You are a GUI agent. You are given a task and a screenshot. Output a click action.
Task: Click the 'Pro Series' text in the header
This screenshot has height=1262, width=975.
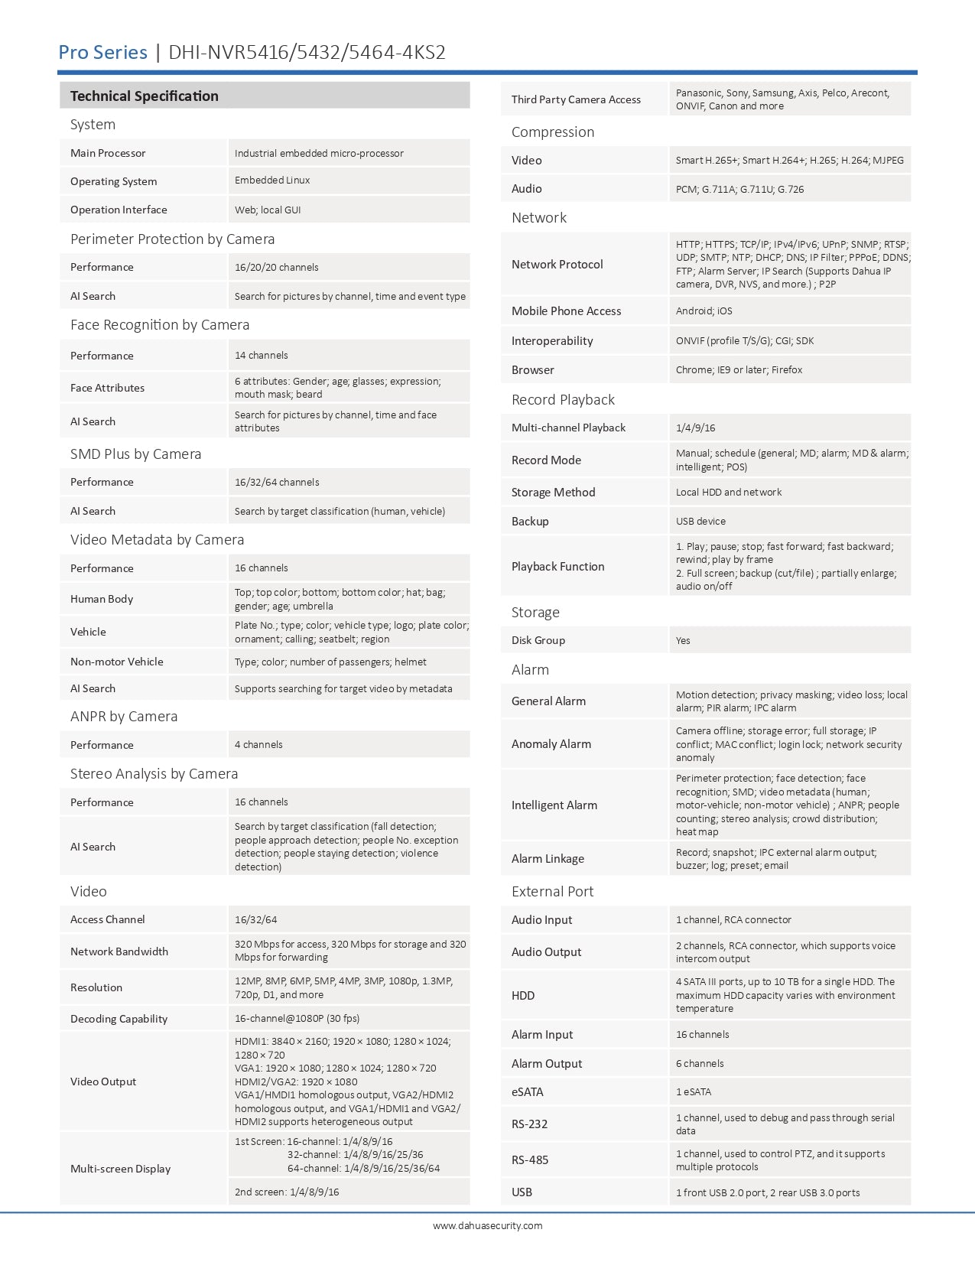(x=102, y=52)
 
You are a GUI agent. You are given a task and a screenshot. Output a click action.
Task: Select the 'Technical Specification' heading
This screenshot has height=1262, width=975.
(x=144, y=96)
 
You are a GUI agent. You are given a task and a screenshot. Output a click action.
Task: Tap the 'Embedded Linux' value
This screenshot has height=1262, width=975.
(x=272, y=181)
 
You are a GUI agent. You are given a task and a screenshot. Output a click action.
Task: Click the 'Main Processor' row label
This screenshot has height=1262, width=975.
(x=108, y=153)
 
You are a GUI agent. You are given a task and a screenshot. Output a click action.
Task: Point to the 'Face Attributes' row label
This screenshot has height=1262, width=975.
(x=107, y=388)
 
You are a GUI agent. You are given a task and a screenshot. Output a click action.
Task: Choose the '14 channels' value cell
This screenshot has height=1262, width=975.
(x=262, y=356)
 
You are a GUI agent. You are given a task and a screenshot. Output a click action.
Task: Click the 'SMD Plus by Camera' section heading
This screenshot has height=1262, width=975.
(x=135, y=454)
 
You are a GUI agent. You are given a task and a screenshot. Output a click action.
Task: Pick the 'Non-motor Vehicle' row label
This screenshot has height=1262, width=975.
(x=116, y=662)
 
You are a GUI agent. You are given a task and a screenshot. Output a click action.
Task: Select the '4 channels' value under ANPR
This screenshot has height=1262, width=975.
(x=258, y=745)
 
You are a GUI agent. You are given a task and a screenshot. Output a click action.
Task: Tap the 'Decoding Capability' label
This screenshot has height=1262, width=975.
(x=119, y=1019)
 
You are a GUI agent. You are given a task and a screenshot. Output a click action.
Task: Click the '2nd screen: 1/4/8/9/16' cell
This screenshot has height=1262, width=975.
(x=287, y=1192)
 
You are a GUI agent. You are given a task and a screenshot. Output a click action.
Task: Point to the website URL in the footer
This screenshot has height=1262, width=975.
(x=487, y=1225)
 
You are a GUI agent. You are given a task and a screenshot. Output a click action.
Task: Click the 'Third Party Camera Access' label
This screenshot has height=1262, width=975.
(x=576, y=99)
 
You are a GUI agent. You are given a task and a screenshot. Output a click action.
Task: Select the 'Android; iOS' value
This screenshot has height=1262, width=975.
(x=704, y=311)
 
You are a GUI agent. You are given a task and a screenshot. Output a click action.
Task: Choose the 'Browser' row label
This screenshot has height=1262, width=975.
(x=532, y=370)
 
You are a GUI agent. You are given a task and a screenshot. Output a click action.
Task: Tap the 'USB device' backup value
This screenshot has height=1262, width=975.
(x=700, y=522)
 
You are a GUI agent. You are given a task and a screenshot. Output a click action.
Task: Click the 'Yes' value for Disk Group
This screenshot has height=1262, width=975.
(x=683, y=641)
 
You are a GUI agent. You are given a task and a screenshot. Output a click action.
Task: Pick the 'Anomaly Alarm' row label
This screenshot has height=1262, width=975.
(x=551, y=744)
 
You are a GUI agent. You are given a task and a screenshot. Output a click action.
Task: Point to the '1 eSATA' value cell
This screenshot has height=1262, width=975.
(x=693, y=1092)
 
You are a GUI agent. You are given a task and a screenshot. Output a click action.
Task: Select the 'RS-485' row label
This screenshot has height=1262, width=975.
(x=530, y=1160)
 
